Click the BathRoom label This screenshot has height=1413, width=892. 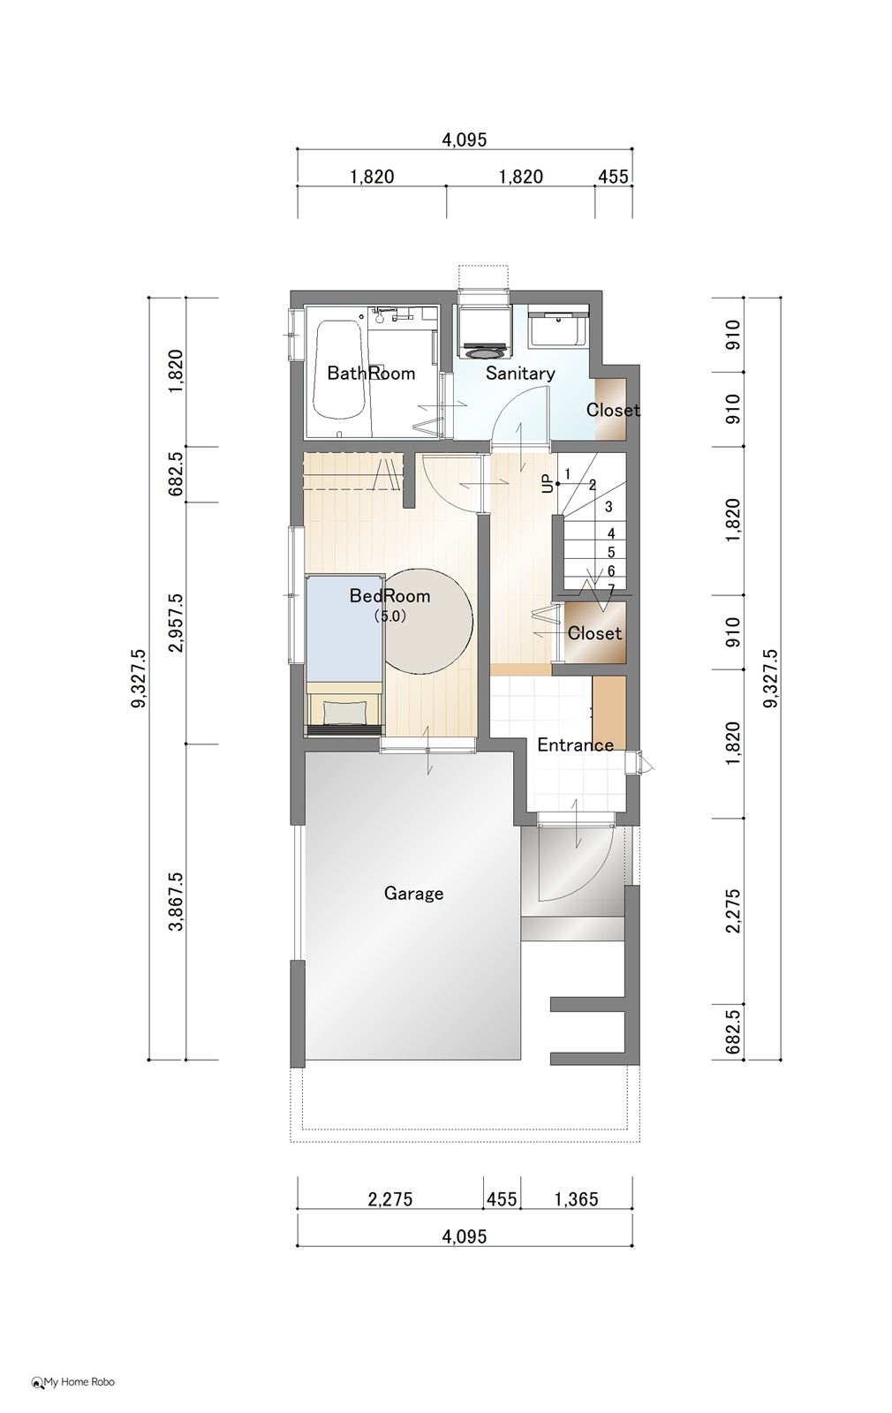point(371,374)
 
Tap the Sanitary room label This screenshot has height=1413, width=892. point(520,374)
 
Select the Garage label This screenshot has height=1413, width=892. point(414,893)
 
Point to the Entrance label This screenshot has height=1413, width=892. point(575,745)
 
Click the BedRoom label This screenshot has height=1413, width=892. point(389,596)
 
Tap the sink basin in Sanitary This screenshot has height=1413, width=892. point(557,328)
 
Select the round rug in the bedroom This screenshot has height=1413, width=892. point(427,622)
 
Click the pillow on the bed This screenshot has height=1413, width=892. point(345,712)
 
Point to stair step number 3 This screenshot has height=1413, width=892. point(609,507)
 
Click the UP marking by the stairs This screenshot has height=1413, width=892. point(547,484)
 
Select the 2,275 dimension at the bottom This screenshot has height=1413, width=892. point(390,1199)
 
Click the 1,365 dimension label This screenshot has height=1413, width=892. point(576,1199)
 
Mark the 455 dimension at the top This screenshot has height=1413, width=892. point(613,176)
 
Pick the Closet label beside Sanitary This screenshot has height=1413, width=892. point(613,411)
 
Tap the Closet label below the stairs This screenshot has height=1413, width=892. point(595,633)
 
